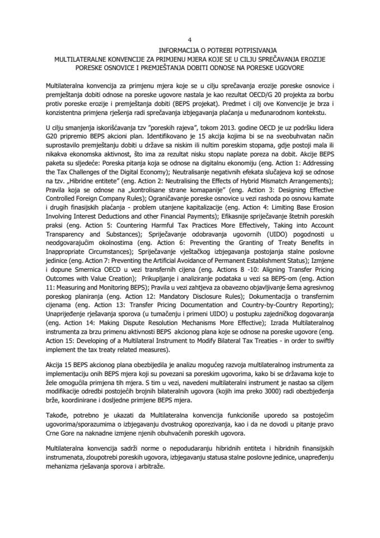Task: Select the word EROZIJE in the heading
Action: click(313, 58)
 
